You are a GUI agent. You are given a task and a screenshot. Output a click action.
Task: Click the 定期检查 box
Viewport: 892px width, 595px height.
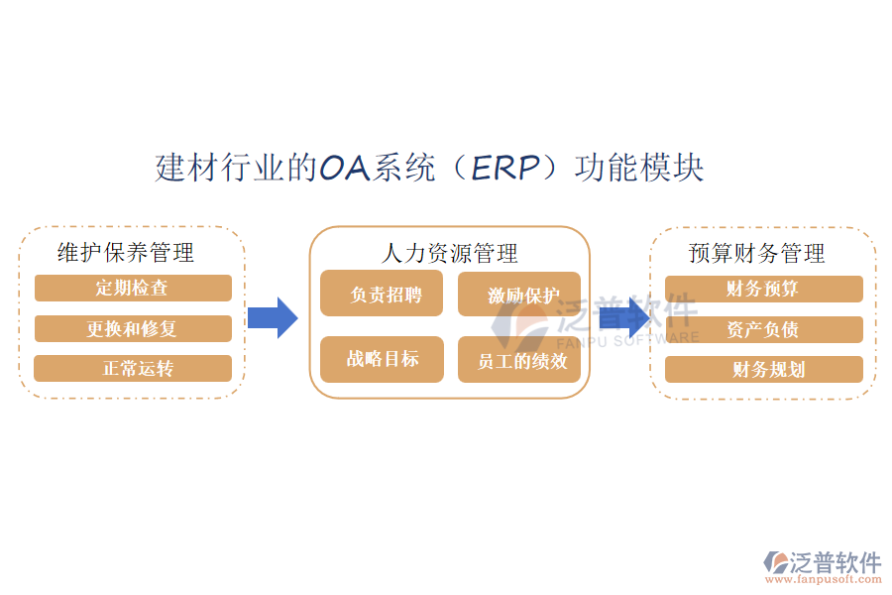[x=133, y=289]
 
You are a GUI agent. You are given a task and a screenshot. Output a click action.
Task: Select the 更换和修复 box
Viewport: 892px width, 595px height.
[x=133, y=329]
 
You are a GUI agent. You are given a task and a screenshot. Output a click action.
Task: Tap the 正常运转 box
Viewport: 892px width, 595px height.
[x=133, y=369]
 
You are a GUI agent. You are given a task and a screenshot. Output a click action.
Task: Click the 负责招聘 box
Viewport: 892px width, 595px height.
[x=382, y=295]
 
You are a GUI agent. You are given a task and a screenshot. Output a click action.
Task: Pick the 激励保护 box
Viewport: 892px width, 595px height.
[x=518, y=295]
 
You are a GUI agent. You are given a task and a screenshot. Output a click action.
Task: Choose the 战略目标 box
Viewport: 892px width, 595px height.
[x=382, y=359]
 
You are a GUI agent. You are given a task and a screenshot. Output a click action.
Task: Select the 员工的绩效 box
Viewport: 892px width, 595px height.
[x=518, y=360]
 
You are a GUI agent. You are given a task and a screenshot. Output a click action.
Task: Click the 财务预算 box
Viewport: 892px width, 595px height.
[x=763, y=289]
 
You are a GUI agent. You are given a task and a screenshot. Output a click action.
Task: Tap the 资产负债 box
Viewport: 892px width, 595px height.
[x=763, y=329]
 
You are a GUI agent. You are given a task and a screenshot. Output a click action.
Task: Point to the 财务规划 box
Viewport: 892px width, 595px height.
[x=763, y=369]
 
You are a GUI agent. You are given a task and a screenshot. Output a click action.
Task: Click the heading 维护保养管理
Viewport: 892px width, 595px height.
[x=126, y=253]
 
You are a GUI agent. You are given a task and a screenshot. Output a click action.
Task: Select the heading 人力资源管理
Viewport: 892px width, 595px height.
[x=450, y=254]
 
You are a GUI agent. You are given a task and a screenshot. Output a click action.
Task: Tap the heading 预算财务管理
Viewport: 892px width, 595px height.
[x=757, y=253]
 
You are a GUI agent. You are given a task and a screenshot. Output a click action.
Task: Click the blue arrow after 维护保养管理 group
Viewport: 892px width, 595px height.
[x=273, y=317]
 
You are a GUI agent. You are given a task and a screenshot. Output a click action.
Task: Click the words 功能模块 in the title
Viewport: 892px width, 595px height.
[x=644, y=168]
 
